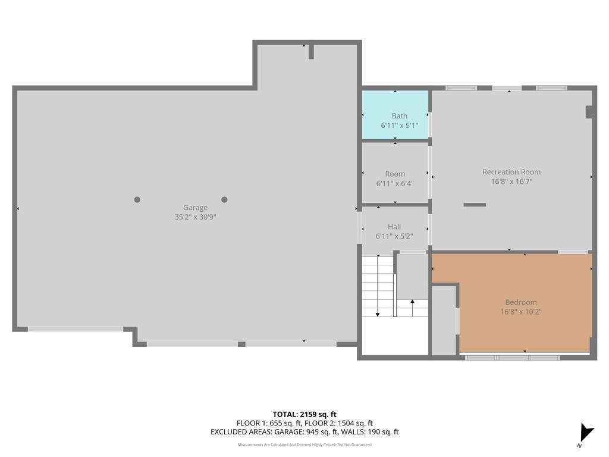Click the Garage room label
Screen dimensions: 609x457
(195, 208)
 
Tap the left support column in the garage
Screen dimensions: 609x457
(137, 200)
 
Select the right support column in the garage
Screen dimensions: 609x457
(224, 200)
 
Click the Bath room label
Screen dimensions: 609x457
(399, 116)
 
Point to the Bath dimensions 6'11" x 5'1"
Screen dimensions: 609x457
(399, 126)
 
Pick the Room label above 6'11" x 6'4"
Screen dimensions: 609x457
(395, 174)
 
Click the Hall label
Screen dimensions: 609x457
(394, 227)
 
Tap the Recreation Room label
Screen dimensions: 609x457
(511, 172)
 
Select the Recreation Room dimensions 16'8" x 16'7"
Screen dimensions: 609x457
(511, 181)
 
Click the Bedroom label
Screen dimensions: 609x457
(521, 302)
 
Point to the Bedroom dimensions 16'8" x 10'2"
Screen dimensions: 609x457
(521, 312)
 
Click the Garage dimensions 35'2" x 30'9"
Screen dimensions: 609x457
(195, 217)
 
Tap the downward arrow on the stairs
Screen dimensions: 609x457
(378, 286)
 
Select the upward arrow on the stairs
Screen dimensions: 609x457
(413, 308)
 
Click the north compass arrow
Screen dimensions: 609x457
(587, 432)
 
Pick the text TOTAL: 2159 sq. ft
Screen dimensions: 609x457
(304, 414)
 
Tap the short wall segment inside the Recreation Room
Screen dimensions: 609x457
(475, 205)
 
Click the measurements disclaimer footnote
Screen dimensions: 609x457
(304, 445)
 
